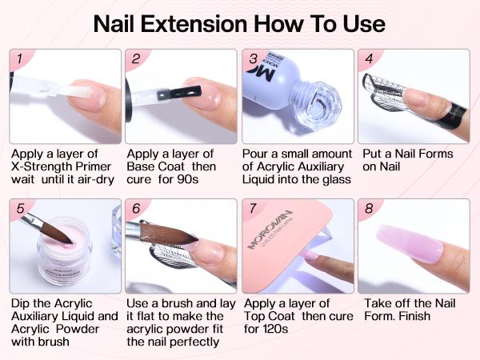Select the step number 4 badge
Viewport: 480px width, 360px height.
click(x=369, y=59)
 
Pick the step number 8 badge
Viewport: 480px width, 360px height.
click(x=369, y=210)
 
